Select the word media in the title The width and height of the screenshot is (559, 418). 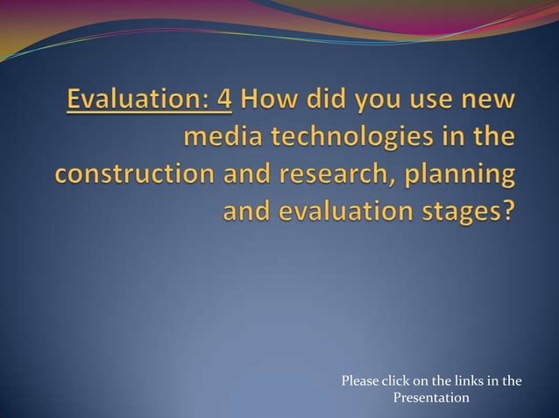tap(221, 138)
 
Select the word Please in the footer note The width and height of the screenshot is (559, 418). tap(359, 381)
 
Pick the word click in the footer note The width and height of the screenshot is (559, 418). tap(398, 381)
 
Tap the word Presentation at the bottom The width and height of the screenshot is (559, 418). tap(431, 399)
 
